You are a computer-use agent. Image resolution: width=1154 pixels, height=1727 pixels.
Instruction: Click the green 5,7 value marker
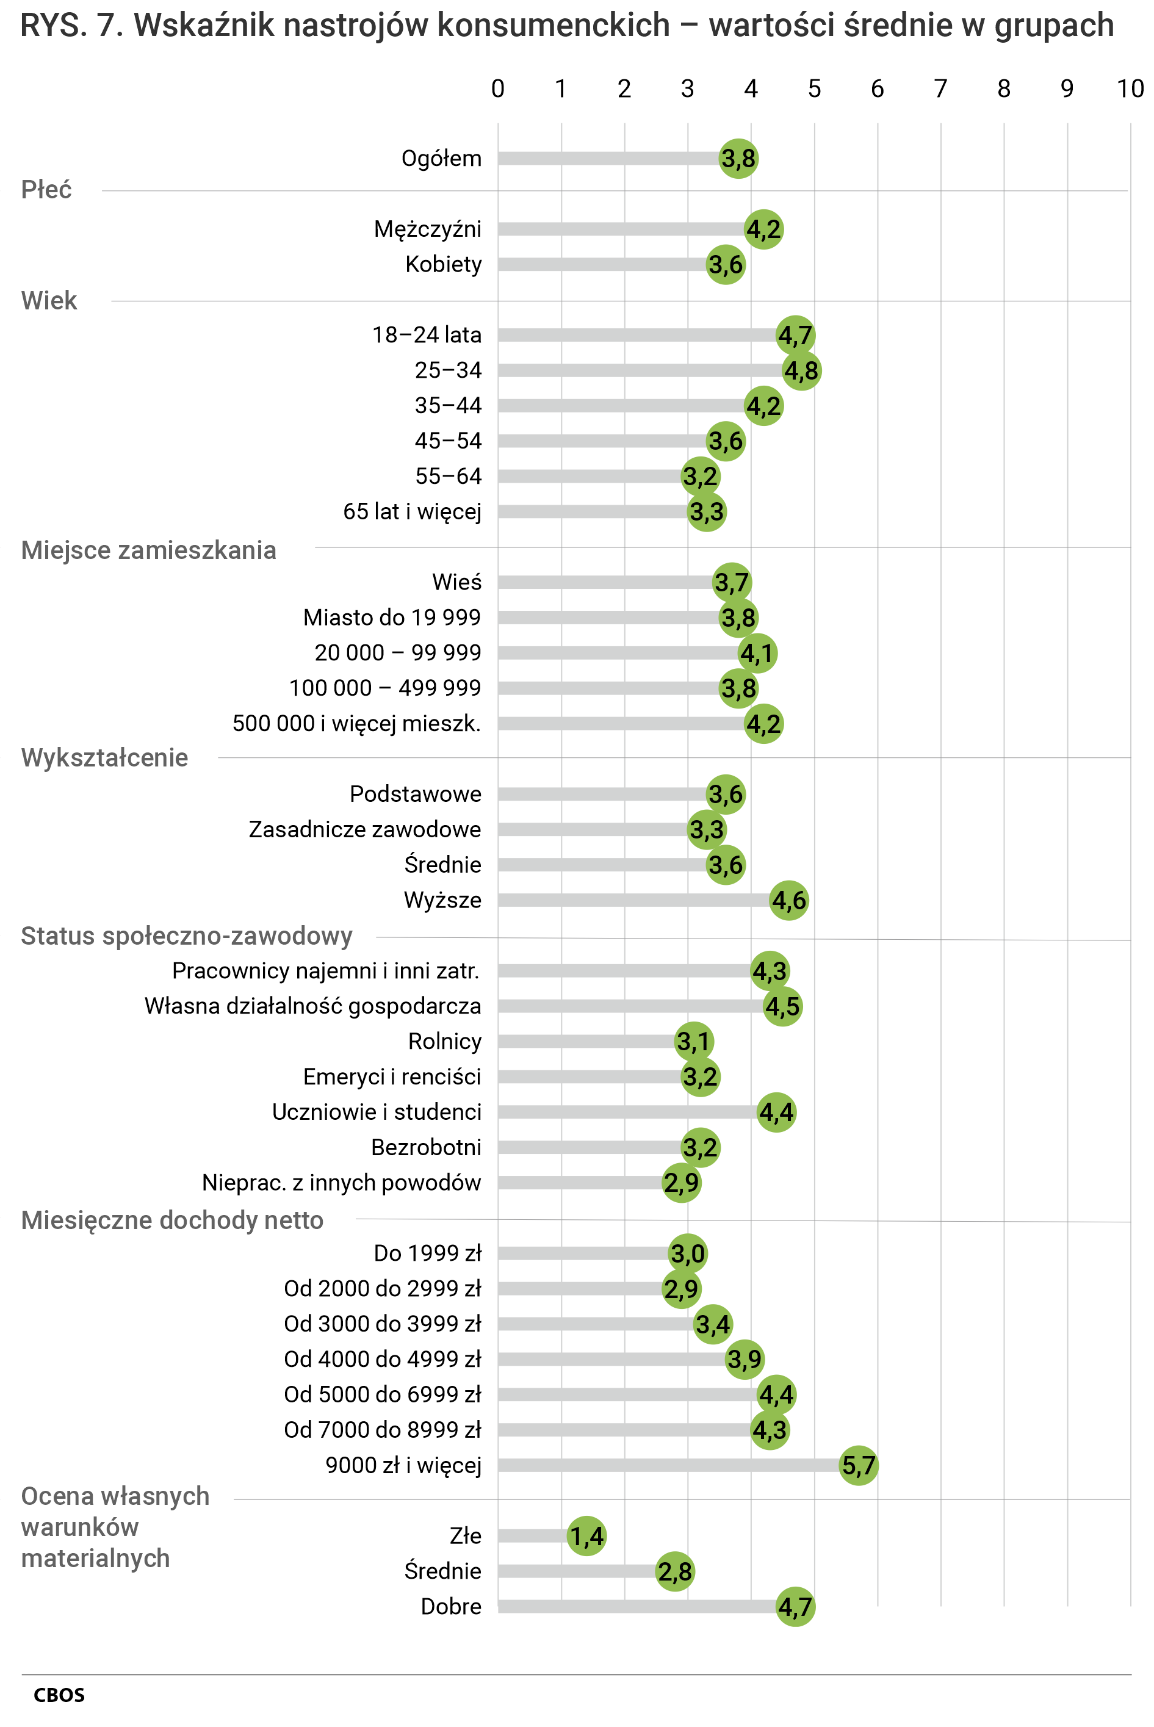pos(858,1465)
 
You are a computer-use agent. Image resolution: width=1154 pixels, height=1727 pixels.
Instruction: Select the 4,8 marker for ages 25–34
pos(801,370)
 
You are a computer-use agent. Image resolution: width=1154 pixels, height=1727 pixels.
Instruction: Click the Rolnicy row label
pos(444,1041)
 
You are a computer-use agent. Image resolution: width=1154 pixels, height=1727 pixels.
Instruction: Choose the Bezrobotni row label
pos(426,1147)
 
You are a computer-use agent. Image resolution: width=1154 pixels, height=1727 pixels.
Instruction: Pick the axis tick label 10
pos(1130,89)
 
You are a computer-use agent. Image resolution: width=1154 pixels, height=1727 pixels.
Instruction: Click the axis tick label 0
pos(497,89)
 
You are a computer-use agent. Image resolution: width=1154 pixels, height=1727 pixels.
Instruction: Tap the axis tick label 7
pos(940,89)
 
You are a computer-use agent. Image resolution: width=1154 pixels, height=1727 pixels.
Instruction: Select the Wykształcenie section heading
pos(104,758)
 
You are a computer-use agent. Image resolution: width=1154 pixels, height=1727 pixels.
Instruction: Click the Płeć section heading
pos(46,190)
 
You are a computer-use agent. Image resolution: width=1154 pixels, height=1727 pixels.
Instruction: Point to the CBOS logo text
pos(59,1695)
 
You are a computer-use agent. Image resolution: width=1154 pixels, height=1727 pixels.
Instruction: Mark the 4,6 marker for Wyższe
pos(789,900)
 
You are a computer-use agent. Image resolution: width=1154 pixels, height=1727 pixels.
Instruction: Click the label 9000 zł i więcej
pos(403,1465)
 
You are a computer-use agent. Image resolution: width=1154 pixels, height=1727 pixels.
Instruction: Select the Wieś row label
pos(456,582)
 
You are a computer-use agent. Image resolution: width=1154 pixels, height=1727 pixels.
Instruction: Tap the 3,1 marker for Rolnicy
pos(694,1041)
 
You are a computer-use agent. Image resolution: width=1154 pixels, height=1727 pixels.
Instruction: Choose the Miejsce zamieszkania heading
pos(149,550)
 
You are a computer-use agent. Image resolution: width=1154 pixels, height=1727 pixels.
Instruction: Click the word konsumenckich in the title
pos(554,25)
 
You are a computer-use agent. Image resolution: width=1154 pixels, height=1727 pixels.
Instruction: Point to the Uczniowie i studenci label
pos(377,1112)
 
